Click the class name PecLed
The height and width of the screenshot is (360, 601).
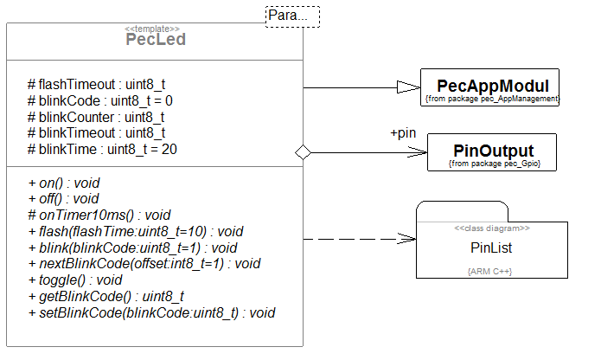(x=156, y=40)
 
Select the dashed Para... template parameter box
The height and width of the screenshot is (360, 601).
(x=291, y=16)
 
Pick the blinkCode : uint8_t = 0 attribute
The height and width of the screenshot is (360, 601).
(x=100, y=100)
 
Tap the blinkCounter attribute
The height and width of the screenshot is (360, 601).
(x=96, y=117)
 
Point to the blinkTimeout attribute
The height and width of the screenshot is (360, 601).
(x=96, y=133)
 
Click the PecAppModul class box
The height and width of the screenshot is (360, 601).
(x=492, y=88)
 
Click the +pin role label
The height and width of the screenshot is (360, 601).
(x=404, y=134)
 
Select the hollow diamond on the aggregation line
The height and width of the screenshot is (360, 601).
(x=303, y=151)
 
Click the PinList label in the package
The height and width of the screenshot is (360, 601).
(x=491, y=247)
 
